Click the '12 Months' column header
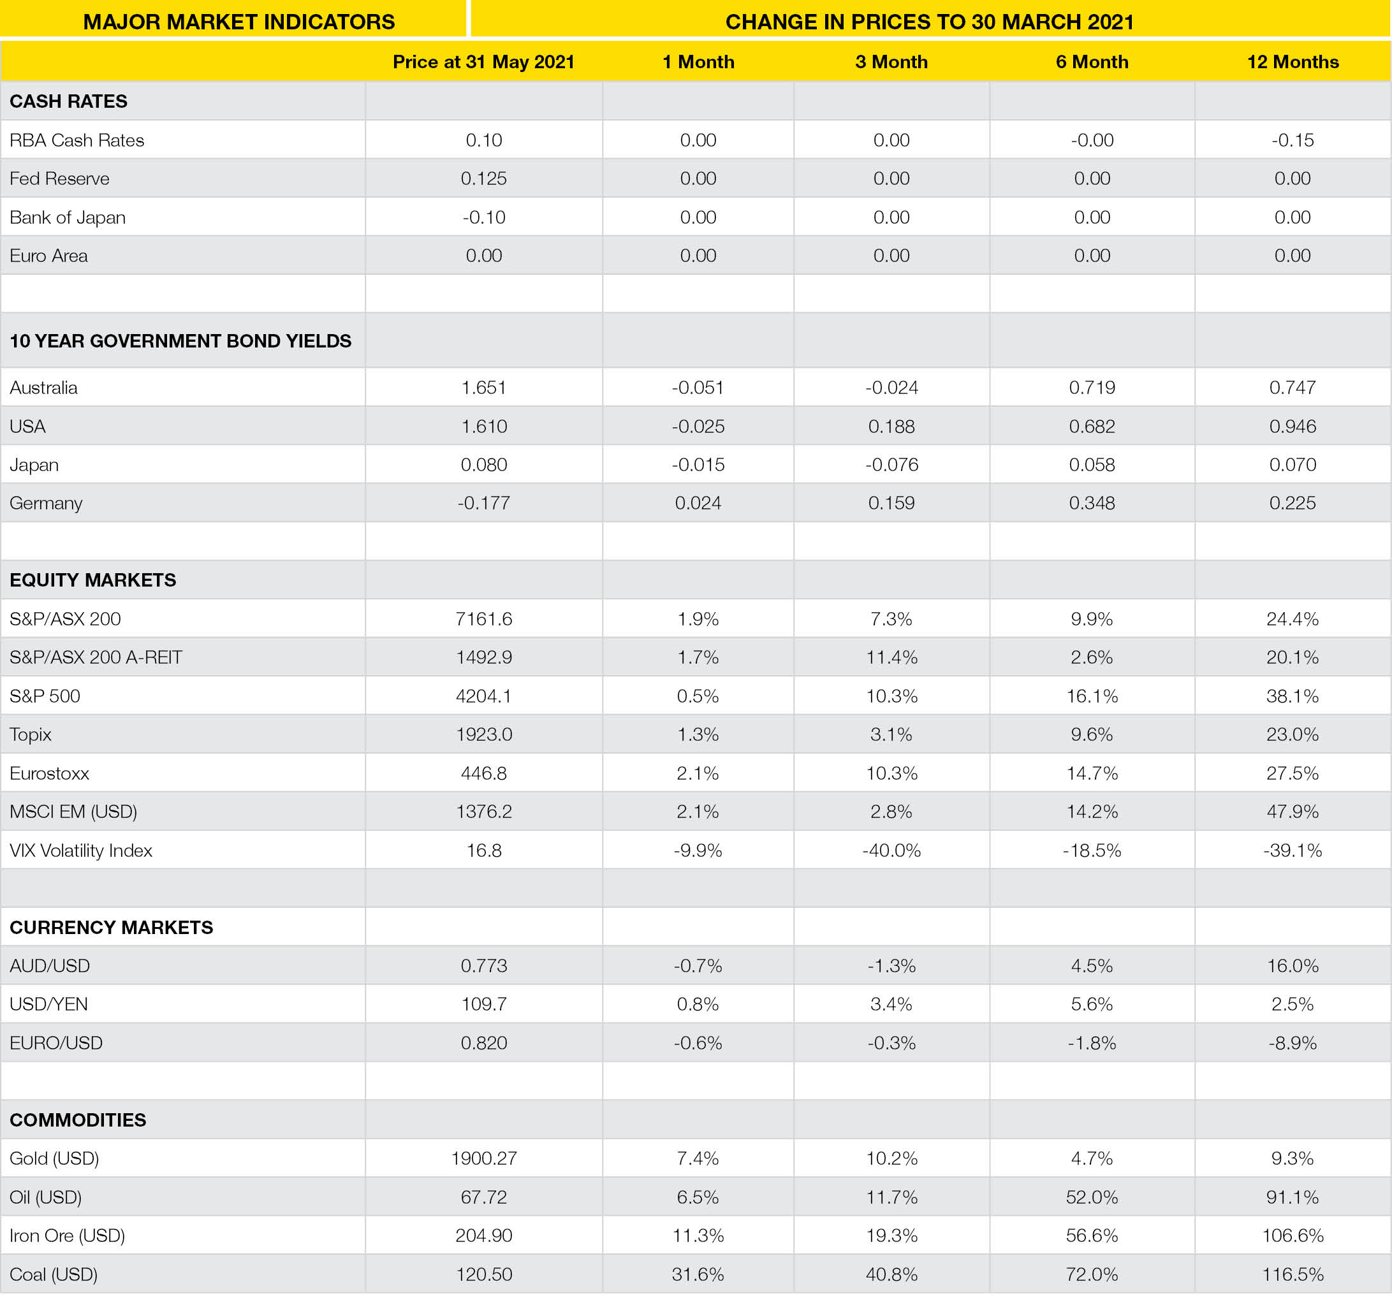(x=1292, y=62)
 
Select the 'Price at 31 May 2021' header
(x=483, y=62)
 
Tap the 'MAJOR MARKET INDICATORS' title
(x=238, y=22)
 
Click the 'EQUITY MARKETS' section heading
(x=93, y=580)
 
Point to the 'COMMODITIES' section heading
(x=78, y=1120)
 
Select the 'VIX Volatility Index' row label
(x=80, y=850)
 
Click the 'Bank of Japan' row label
(x=67, y=217)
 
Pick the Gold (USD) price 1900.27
(x=483, y=1158)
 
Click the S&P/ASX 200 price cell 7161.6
(x=483, y=618)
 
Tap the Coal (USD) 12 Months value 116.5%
(x=1292, y=1274)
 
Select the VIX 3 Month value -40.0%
(x=891, y=850)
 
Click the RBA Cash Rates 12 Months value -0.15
(x=1292, y=140)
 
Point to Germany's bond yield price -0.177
(x=483, y=502)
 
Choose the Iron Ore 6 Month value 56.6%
(x=1092, y=1235)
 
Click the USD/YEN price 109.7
(x=483, y=1004)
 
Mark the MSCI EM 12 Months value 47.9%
(x=1292, y=812)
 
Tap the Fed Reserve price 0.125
(x=483, y=179)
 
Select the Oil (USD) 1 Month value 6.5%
(x=698, y=1197)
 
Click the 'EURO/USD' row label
(x=56, y=1042)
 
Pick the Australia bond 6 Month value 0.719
(x=1092, y=387)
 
